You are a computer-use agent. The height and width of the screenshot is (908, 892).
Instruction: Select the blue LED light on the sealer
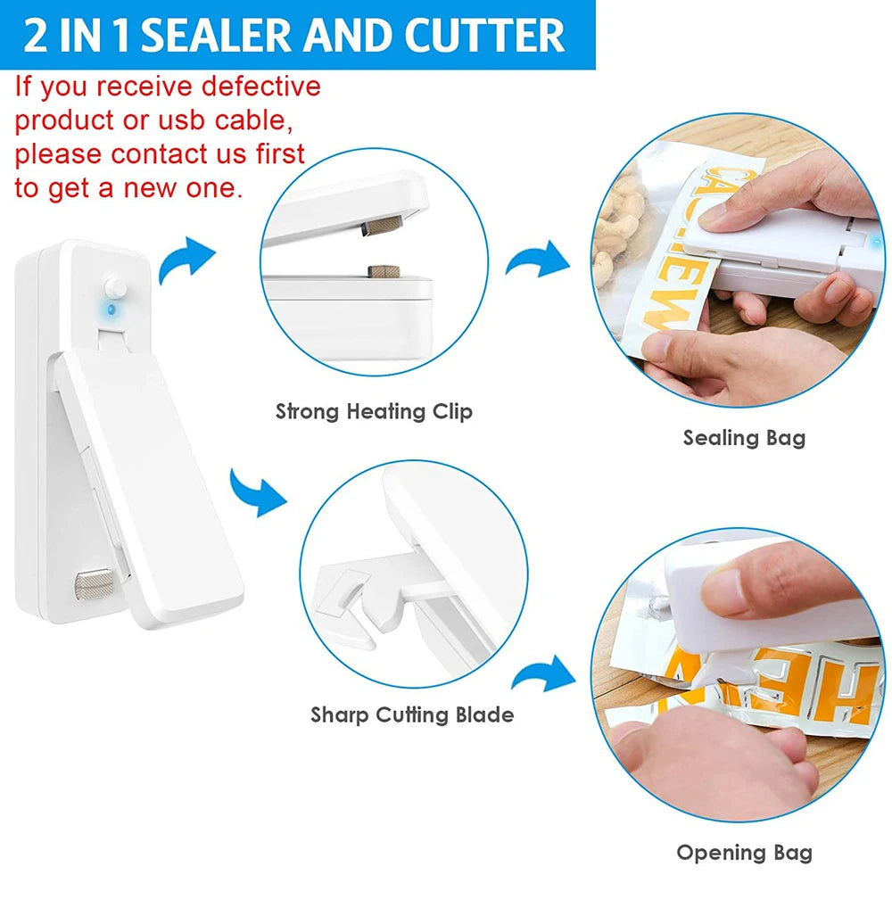coord(111,310)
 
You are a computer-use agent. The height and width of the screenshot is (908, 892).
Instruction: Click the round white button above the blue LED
coord(114,287)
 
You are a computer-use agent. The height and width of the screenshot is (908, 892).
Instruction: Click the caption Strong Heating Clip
coord(374,411)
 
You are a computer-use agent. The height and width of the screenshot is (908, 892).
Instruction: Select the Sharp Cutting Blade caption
coord(412,714)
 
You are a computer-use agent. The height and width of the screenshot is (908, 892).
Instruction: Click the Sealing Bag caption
coord(744,437)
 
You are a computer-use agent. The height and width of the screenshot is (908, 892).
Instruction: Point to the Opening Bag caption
coord(744,852)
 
